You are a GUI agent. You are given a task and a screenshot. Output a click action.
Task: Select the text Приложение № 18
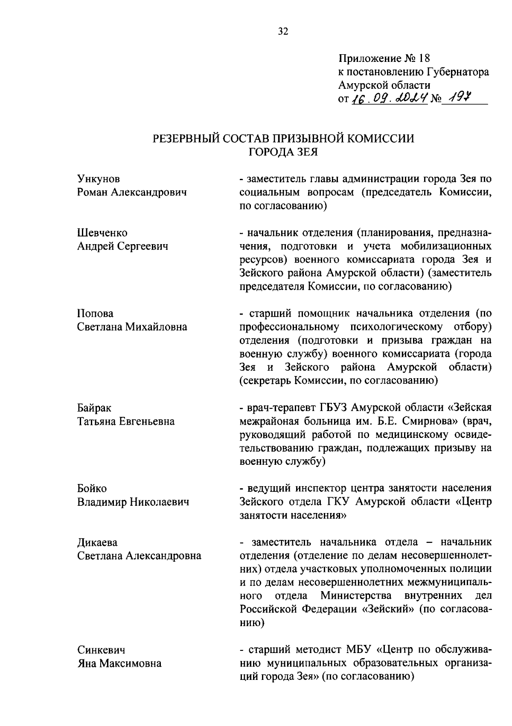(x=385, y=58)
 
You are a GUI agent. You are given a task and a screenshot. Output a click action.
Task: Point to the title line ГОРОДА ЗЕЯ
(x=283, y=152)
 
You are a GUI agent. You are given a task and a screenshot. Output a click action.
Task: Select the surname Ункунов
(x=98, y=178)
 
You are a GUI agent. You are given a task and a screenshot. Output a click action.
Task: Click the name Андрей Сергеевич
(x=122, y=246)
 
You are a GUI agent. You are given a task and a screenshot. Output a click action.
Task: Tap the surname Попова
(x=95, y=314)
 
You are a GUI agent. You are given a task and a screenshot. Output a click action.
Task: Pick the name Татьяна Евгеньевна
(x=126, y=421)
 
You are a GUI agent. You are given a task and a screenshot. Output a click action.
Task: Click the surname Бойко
(x=92, y=488)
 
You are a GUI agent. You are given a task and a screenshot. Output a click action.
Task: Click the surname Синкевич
(x=101, y=650)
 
